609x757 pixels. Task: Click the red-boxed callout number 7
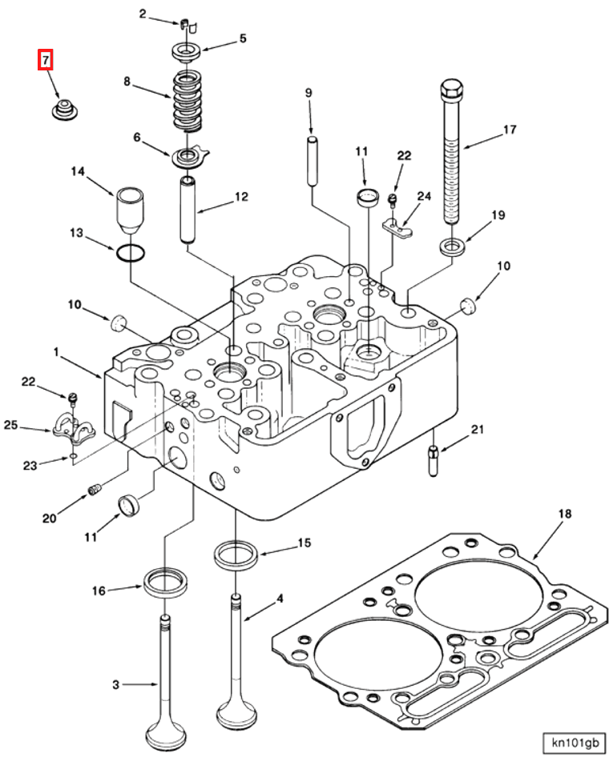(46, 60)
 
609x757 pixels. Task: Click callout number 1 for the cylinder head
(56, 351)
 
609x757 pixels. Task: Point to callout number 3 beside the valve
(116, 684)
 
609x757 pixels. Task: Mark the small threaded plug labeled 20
(95, 489)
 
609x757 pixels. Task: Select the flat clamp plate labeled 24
(397, 227)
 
